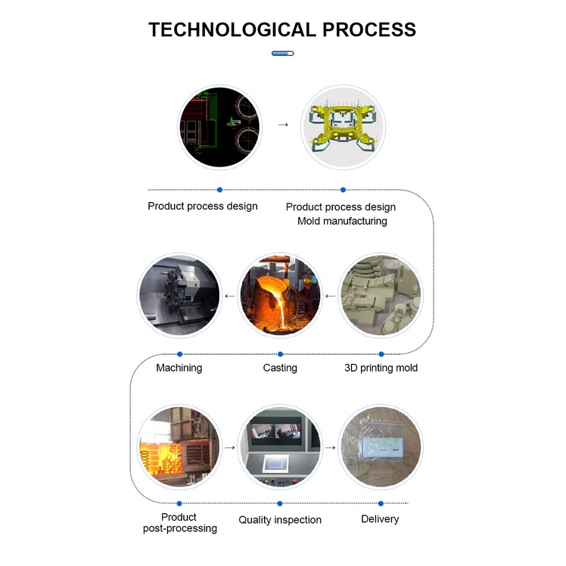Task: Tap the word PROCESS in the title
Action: pyautogui.click(x=369, y=30)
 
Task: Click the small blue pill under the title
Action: pyautogui.click(x=282, y=54)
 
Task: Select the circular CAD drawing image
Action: pyautogui.click(x=219, y=126)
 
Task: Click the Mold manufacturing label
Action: pyautogui.click(x=342, y=221)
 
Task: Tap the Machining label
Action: pyautogui.click(x=179, y=368)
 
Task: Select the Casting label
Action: pyautogui.click(x=280, y=368)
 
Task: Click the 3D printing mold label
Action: pyautogui.click(x=381, y=368)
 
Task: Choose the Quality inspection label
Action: pyautogui.click(x=280, y=520)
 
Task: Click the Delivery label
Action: pyautogui.click(x=380, y=519)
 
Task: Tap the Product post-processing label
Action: pyautogui.click(x=179, y=523)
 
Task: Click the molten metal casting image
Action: pyautogui.click(x=280, y=295)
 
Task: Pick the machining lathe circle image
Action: pyautogui.click(x=179, y=295)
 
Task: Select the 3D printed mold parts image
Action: pyautogui.click(x=380, y=295)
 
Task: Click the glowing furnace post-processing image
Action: pyautogui.click(x=179, y=447)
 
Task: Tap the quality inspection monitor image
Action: pyautogui.click(x=280, y=447)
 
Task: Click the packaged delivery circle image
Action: pyautogui.click(x=380, y=447)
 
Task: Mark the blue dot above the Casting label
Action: pyautogui.click(x=280, y=353)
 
